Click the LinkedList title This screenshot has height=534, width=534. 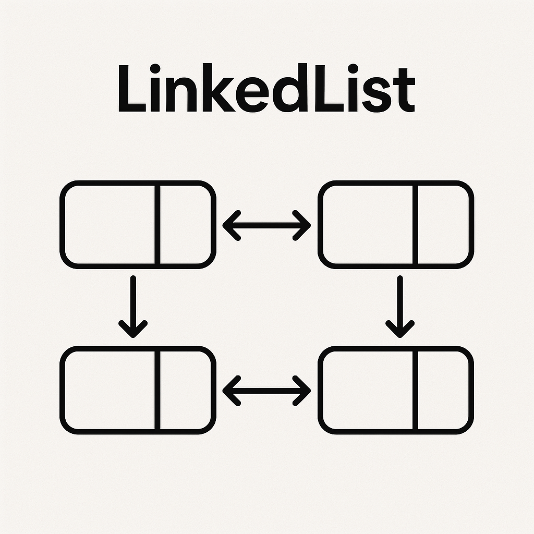pos(266,89)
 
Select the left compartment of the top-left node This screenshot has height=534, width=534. pos(108,224)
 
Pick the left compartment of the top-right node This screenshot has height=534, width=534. pos(366,224)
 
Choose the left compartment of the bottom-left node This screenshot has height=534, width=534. pos(108,390)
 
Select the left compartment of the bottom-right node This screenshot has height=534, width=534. pos(366,390)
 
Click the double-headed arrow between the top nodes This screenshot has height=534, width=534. pos(266,226)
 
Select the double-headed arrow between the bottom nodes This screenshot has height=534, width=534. pos(266,391)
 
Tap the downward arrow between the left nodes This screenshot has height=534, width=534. pos(133,306)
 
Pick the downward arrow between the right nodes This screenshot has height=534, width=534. pos(400,306)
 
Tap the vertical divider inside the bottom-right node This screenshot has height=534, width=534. pos(414,390)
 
